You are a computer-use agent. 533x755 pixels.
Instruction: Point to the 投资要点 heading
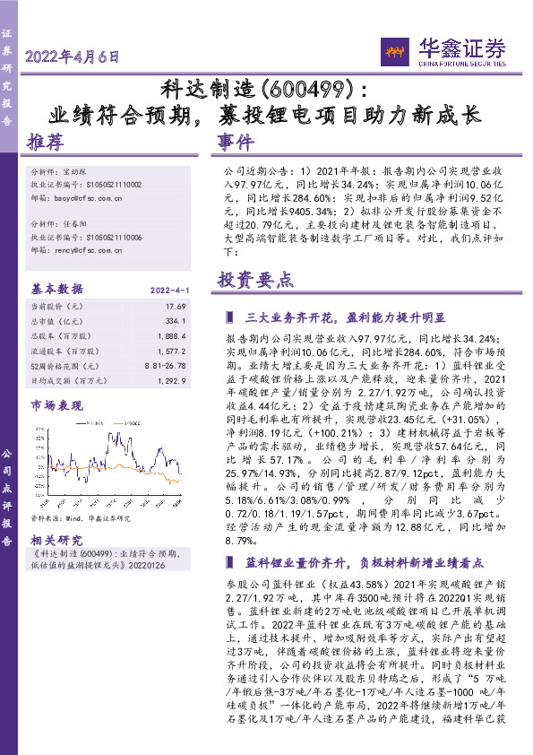255,279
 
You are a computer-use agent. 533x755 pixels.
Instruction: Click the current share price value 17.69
174,307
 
